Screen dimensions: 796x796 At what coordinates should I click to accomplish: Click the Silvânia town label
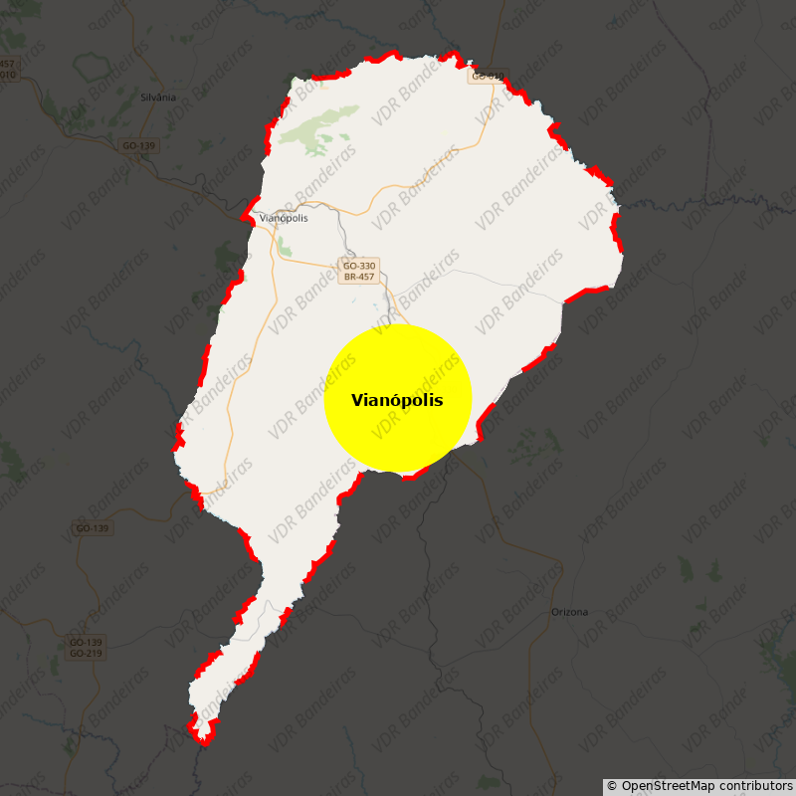pos(158,97)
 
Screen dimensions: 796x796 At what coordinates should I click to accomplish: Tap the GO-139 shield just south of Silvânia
pos(139,146)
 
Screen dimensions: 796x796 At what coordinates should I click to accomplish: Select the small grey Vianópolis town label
pos(284,218)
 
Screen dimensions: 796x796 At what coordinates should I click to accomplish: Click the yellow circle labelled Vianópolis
pos(397,398)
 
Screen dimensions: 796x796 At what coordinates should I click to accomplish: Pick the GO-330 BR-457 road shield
pos(358,271)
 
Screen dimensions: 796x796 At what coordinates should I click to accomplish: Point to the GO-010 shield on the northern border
pos(487,76)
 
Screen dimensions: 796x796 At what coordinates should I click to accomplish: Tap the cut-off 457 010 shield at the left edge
pos(8,69)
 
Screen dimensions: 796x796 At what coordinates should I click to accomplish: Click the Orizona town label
pos(569,612)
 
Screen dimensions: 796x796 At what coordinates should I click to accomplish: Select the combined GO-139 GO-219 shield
pos(86,648)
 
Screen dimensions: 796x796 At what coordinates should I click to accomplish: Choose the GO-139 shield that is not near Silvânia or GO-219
pos(93,528)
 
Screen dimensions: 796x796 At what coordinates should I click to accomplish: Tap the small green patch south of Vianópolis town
pos(284,246)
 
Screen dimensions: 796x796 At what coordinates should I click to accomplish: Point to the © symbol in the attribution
pos(612,786)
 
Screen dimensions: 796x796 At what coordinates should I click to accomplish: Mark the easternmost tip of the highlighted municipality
pos(623,257)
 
